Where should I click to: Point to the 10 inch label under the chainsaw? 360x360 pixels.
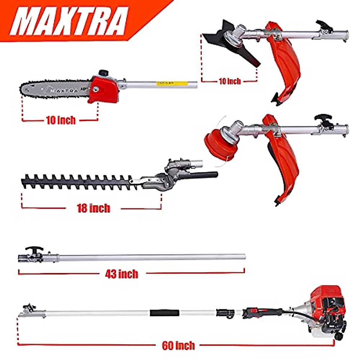point(61,120)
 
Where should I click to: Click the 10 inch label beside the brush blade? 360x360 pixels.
point(229,81)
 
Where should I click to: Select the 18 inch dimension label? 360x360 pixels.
point(93,208)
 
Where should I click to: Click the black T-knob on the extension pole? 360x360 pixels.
point(34,250)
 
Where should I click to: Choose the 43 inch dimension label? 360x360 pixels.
point(121,274)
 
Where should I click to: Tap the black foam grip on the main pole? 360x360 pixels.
point(165,313)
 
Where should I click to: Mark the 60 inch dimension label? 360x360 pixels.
point(178,345)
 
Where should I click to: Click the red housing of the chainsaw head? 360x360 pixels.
point(103,88)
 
